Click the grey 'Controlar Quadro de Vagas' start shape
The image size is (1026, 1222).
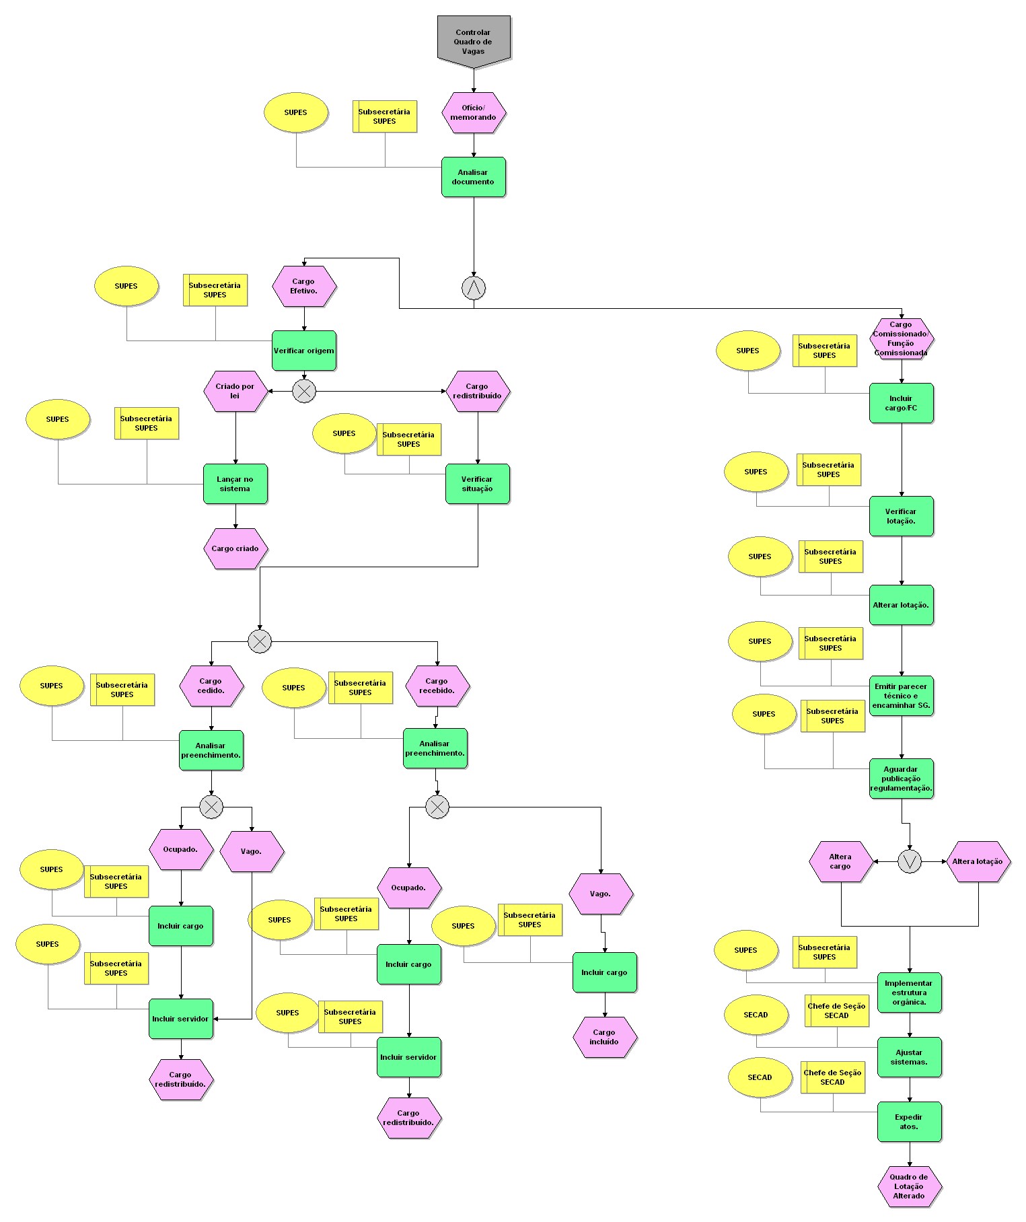point(473,41)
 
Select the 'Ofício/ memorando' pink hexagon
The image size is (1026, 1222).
point(473,112)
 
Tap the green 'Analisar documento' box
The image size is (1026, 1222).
point(473,177)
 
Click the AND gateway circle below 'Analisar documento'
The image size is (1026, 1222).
point(473,288)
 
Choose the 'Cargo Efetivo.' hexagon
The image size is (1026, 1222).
point(303,286)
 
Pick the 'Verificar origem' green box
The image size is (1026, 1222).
point(303,351)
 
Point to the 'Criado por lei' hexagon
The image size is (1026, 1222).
point(235,391)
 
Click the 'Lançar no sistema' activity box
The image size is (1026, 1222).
point(235,484)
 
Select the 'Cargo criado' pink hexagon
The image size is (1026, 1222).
point(235,548)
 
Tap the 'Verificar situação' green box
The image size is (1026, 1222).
point(477,484)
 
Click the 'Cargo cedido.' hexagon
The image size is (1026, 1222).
point(211,686)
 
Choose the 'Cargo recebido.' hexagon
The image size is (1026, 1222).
point(437,686)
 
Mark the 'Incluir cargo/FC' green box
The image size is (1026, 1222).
point(901,403)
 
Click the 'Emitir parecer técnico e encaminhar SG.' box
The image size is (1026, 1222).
point(901,696)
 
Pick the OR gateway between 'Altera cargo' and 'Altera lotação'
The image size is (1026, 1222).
point(909,861)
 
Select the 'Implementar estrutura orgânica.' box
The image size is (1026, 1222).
point(909,993)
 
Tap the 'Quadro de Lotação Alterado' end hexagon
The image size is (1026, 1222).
point(909,1186)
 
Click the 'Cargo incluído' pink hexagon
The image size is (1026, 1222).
point(604,1037)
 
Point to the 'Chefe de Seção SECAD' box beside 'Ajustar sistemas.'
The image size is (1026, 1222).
point(836,1011)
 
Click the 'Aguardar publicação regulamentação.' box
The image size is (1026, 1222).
point(901,779)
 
